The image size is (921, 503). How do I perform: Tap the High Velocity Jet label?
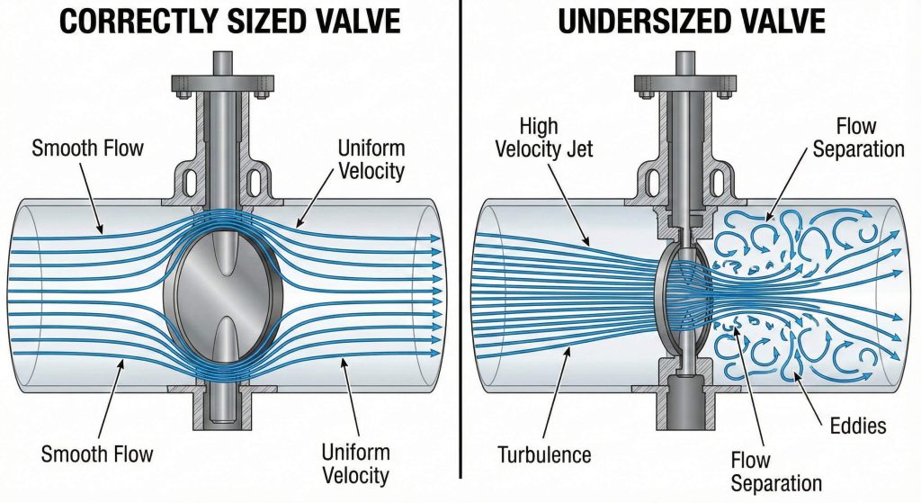point(543,138)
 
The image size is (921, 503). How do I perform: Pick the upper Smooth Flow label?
point(87,148)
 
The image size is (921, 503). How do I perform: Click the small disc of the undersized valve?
point(681,293)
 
